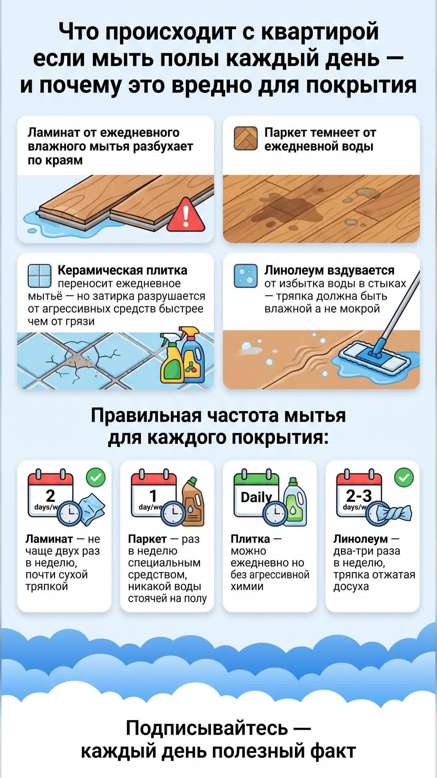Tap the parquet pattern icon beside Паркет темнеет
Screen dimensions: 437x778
[x=246, y=139]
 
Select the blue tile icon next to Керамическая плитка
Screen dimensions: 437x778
[x=40, y=276]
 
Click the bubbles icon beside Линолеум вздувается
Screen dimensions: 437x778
[x=246, y=276]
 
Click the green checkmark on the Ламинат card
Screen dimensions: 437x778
[x=96, y=478]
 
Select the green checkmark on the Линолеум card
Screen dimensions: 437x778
[x=404, y=478]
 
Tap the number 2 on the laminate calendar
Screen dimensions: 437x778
[x=50, y=496]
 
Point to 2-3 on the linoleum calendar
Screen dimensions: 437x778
[x=359, y=496]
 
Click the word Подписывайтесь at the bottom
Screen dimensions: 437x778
[x=207, y=728]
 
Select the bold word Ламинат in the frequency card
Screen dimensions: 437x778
[x=49, y=539]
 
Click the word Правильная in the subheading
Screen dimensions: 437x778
[x=146, y=415]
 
